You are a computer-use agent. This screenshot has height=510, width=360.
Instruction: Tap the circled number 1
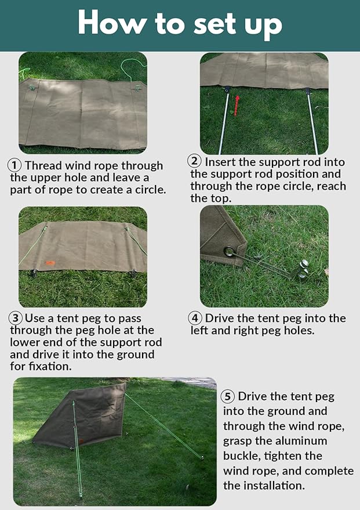tap(14, 165)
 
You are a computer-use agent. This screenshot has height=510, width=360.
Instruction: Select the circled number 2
tap(195, 161)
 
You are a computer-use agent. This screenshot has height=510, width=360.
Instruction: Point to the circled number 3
tap(16, 318)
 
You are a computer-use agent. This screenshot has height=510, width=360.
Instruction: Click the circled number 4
tap(195, 318)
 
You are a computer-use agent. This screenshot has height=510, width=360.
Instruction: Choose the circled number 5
tap(228, 396)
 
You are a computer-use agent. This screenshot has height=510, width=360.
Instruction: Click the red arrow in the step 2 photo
tap(237, 106)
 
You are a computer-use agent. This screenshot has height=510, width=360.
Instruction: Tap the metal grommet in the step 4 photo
tap(230, 251)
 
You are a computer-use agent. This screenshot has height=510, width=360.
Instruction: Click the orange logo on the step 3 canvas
tap(50, 263)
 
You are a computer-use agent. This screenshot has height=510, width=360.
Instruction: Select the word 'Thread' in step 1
tap(43, 165)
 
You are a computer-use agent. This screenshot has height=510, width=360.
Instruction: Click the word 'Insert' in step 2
tap(220, 162)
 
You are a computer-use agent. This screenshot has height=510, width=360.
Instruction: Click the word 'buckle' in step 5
tap(241, 455)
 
